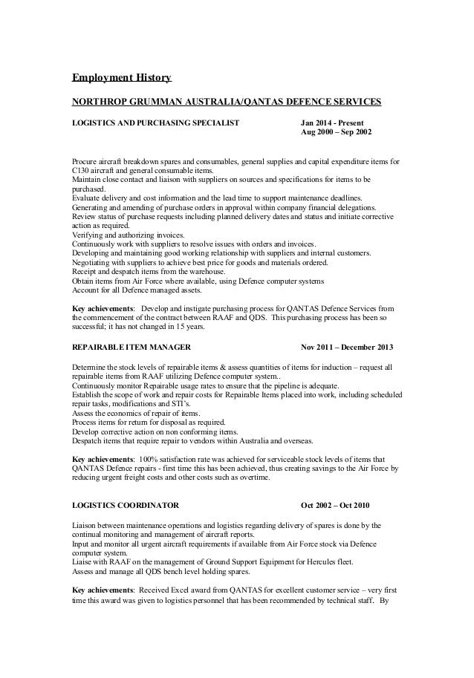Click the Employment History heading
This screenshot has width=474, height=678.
[121, 77]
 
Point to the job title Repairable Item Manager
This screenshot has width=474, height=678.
[132, 347]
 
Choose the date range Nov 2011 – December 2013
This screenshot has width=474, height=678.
[346, 347]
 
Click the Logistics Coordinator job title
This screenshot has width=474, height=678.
[125, 505]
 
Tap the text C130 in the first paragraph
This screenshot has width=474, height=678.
[79, 170]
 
